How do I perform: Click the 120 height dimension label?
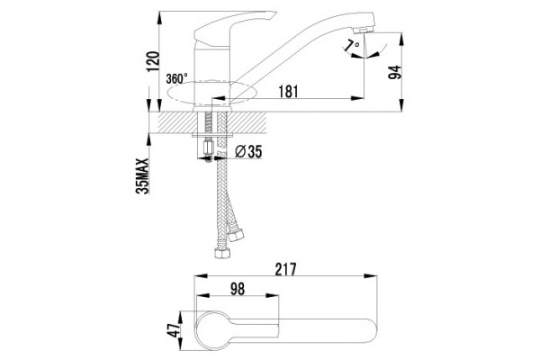point(153,61)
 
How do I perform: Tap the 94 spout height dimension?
point(395,72)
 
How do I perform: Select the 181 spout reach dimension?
point(288,91)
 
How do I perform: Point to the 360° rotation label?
point(176,78)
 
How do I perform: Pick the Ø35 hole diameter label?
point(248,151)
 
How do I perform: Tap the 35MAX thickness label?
point(142,176)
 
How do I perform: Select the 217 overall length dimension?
point(285,269)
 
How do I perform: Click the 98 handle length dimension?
point(237,289)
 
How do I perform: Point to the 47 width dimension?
point(174,330)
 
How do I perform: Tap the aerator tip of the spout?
point(363,31)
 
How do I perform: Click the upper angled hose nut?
point(236,235)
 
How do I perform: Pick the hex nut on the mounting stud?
point(209,148)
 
